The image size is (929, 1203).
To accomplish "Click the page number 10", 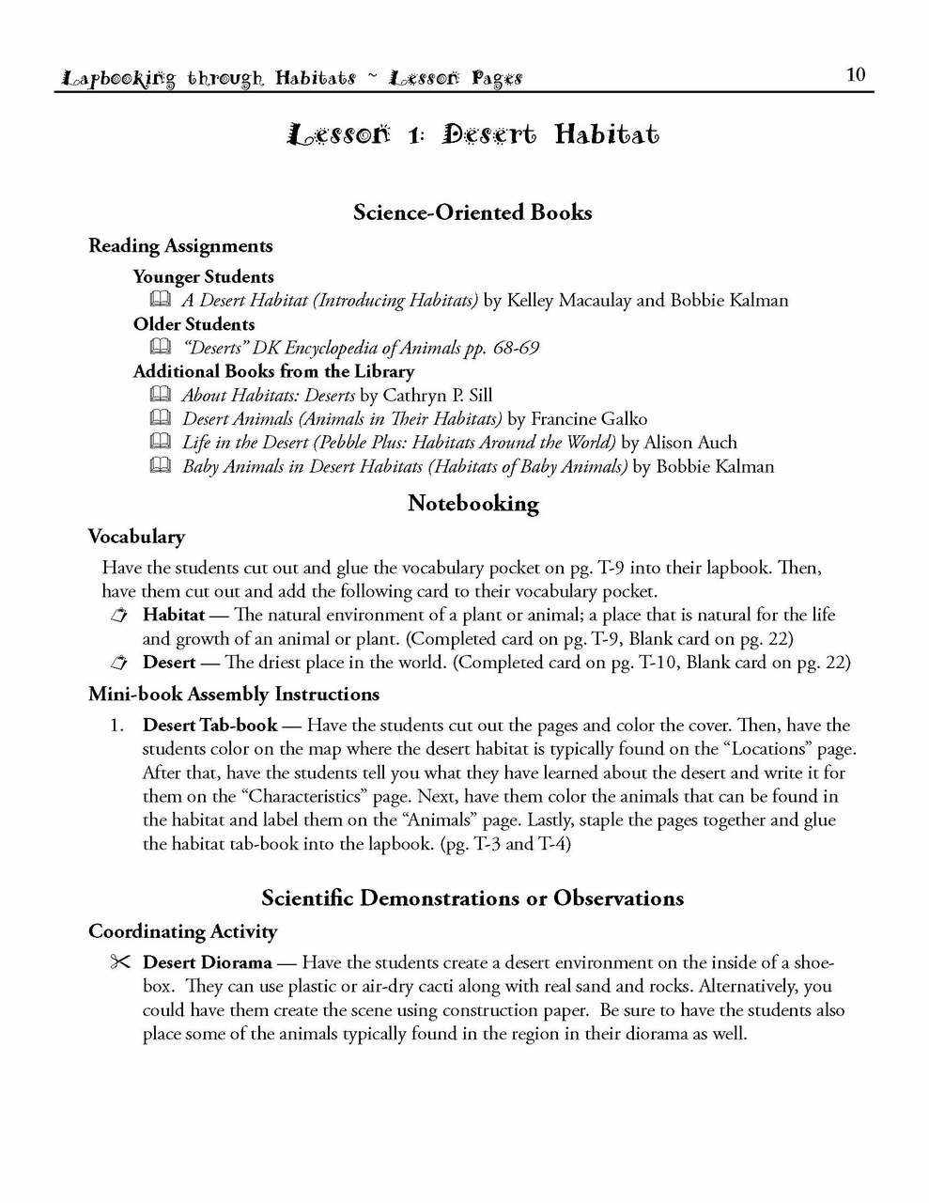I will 855,75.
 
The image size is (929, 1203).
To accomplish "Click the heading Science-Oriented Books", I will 472,212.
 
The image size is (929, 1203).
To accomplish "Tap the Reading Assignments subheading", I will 180,246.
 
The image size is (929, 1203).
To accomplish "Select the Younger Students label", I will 203,277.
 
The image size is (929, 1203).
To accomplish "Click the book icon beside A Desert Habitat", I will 160,301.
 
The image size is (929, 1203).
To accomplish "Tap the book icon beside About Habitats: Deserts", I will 160,395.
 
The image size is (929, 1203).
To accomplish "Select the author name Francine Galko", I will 590,419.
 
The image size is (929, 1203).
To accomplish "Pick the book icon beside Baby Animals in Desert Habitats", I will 160,466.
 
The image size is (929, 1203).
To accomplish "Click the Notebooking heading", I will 472,504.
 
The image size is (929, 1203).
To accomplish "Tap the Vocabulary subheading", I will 136,537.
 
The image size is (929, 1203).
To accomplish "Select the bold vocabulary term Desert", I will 169,663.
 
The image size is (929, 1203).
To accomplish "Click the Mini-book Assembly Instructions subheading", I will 234,695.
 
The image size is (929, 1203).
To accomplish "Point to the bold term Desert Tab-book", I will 209,726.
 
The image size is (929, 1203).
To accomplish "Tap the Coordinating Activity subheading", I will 182,931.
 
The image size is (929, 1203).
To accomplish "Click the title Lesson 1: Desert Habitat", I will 473,134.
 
